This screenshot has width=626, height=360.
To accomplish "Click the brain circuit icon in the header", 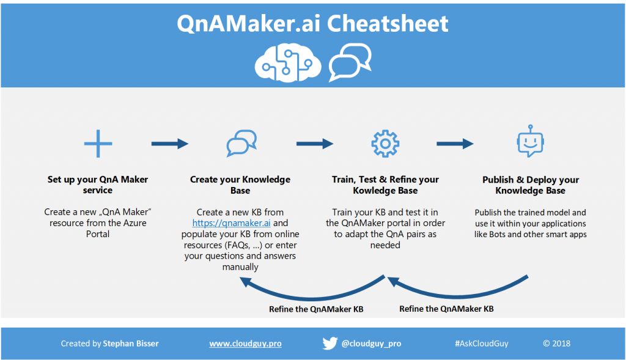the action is click(288, 63).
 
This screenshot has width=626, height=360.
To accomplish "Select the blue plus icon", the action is click(98, 144).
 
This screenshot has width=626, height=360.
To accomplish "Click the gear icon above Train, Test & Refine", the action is click(385, 144).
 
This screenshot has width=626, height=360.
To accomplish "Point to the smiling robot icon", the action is click(530, 141).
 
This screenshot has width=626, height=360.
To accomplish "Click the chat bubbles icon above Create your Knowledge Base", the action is click(241, 143).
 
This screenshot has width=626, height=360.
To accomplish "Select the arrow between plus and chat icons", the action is click(170, 144).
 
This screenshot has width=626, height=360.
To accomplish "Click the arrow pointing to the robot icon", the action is click(455, 144).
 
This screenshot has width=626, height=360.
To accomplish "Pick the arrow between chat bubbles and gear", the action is click(315, 144).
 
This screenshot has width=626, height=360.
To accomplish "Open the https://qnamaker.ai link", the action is click(231, 223).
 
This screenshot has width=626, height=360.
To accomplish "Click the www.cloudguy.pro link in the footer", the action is click(245, 343).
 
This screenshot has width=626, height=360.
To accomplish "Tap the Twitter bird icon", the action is click(330, 343).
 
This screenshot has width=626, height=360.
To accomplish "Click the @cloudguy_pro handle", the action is click(371, 343).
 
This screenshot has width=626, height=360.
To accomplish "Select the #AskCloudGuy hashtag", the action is click(482, 343).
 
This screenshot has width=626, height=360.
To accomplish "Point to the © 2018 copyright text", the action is click(556, 343).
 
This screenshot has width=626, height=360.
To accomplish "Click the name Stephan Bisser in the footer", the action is click(131, 343).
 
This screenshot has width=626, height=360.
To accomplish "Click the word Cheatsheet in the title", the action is click(388, 23).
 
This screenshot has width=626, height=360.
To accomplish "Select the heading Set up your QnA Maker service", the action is click(98, 185).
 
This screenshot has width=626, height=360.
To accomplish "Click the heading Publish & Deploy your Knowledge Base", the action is click(531, 185).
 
